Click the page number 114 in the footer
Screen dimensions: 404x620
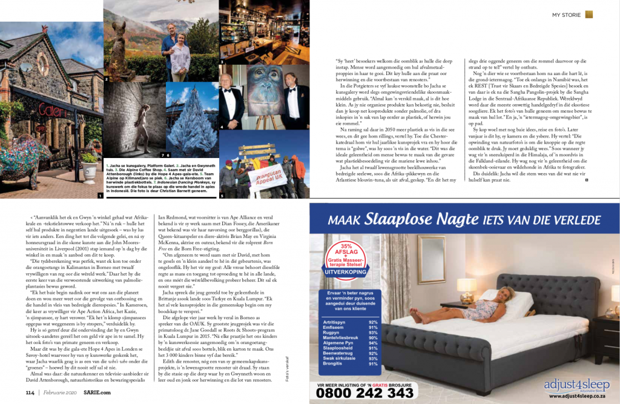(29, 392)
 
